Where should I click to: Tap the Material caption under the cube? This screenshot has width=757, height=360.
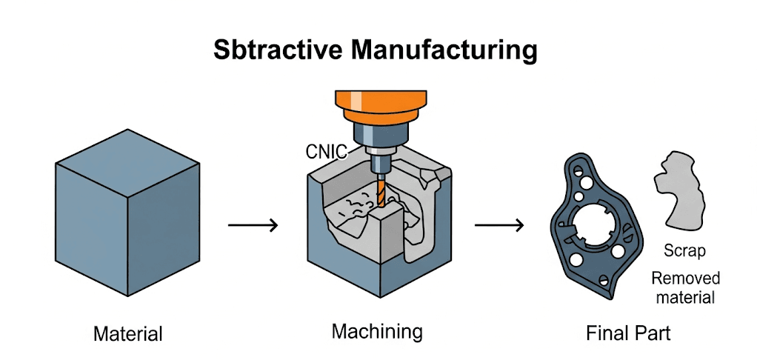pos(127,333)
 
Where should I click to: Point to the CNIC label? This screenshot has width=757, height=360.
pos(326,152)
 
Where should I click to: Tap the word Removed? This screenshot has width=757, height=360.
pos(684,279)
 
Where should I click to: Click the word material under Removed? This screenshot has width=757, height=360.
pos(684,298)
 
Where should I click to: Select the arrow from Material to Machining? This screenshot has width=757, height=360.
pos(253,224)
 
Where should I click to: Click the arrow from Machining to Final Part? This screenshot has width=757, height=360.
pos(499,224)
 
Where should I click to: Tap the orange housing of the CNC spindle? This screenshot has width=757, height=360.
pos(382,107)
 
